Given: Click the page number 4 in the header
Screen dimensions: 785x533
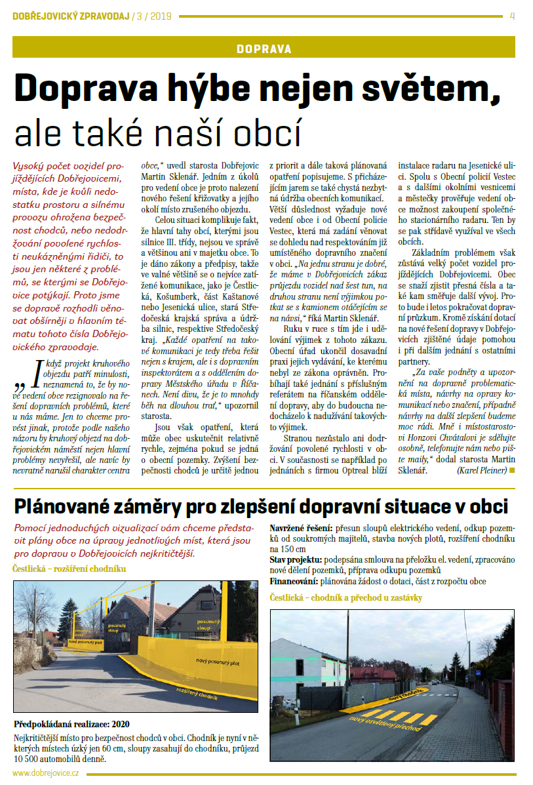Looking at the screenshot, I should [512, 16].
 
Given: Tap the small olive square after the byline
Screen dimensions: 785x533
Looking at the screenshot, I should [511, 470].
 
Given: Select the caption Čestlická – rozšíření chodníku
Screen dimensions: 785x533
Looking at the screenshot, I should [69, 569].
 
